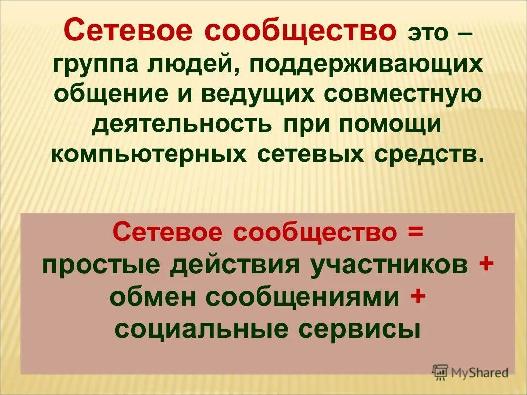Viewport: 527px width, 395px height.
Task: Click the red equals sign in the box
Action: click(x=416, y=233)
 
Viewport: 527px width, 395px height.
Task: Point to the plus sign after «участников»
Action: click(x=486, y=265)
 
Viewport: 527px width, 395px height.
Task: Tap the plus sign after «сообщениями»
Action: click(x=418, y=298)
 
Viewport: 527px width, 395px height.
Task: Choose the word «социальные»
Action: click(x=201, y=330)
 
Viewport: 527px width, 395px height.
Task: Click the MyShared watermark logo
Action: click(x=470, y=372)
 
